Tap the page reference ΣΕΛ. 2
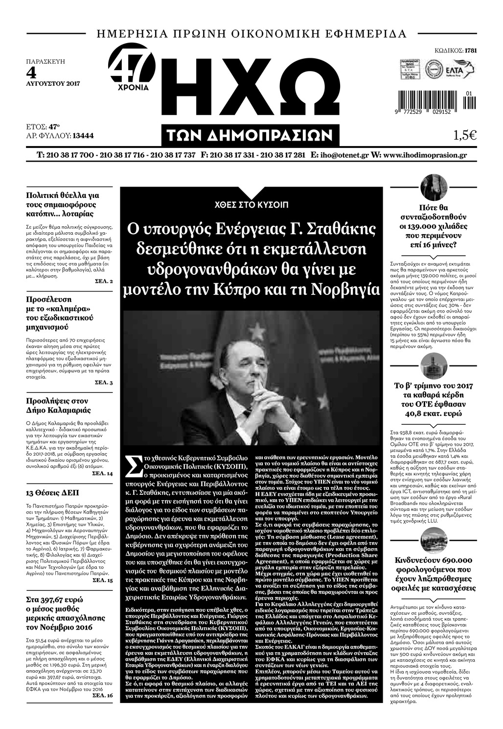(104, 282)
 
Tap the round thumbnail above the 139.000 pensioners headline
(434, 189)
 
